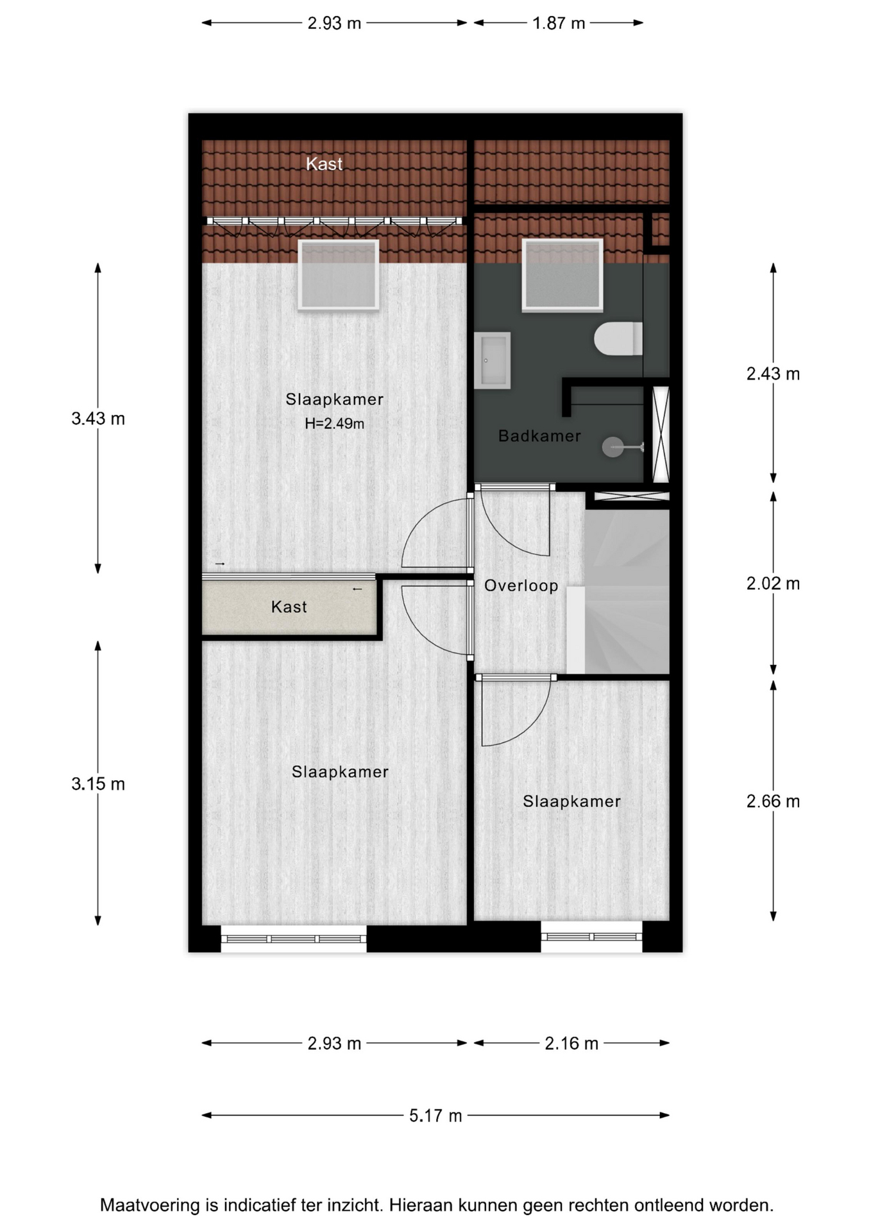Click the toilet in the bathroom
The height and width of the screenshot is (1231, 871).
618,339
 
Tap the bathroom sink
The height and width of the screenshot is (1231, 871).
492,360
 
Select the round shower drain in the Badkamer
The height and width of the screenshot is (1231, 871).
613,447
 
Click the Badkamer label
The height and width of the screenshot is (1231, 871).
539,436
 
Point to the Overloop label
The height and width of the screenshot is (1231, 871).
521,585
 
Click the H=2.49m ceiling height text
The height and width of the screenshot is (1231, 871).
334,424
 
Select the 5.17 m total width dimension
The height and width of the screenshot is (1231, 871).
436,1116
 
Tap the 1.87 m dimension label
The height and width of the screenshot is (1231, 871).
559,23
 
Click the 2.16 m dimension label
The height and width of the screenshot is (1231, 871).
571,1043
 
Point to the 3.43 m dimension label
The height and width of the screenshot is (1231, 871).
98,419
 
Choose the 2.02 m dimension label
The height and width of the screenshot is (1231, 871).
773,583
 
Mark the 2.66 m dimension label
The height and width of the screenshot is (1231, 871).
773,801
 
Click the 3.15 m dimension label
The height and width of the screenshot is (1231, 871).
98,783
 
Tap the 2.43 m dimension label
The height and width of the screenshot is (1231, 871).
773,373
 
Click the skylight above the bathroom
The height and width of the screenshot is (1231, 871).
562,274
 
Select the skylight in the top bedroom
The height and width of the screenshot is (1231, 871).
339,274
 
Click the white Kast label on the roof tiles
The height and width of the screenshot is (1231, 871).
324,164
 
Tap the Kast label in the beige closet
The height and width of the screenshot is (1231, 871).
289,607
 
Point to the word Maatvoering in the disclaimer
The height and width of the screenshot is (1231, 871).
150,1205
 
